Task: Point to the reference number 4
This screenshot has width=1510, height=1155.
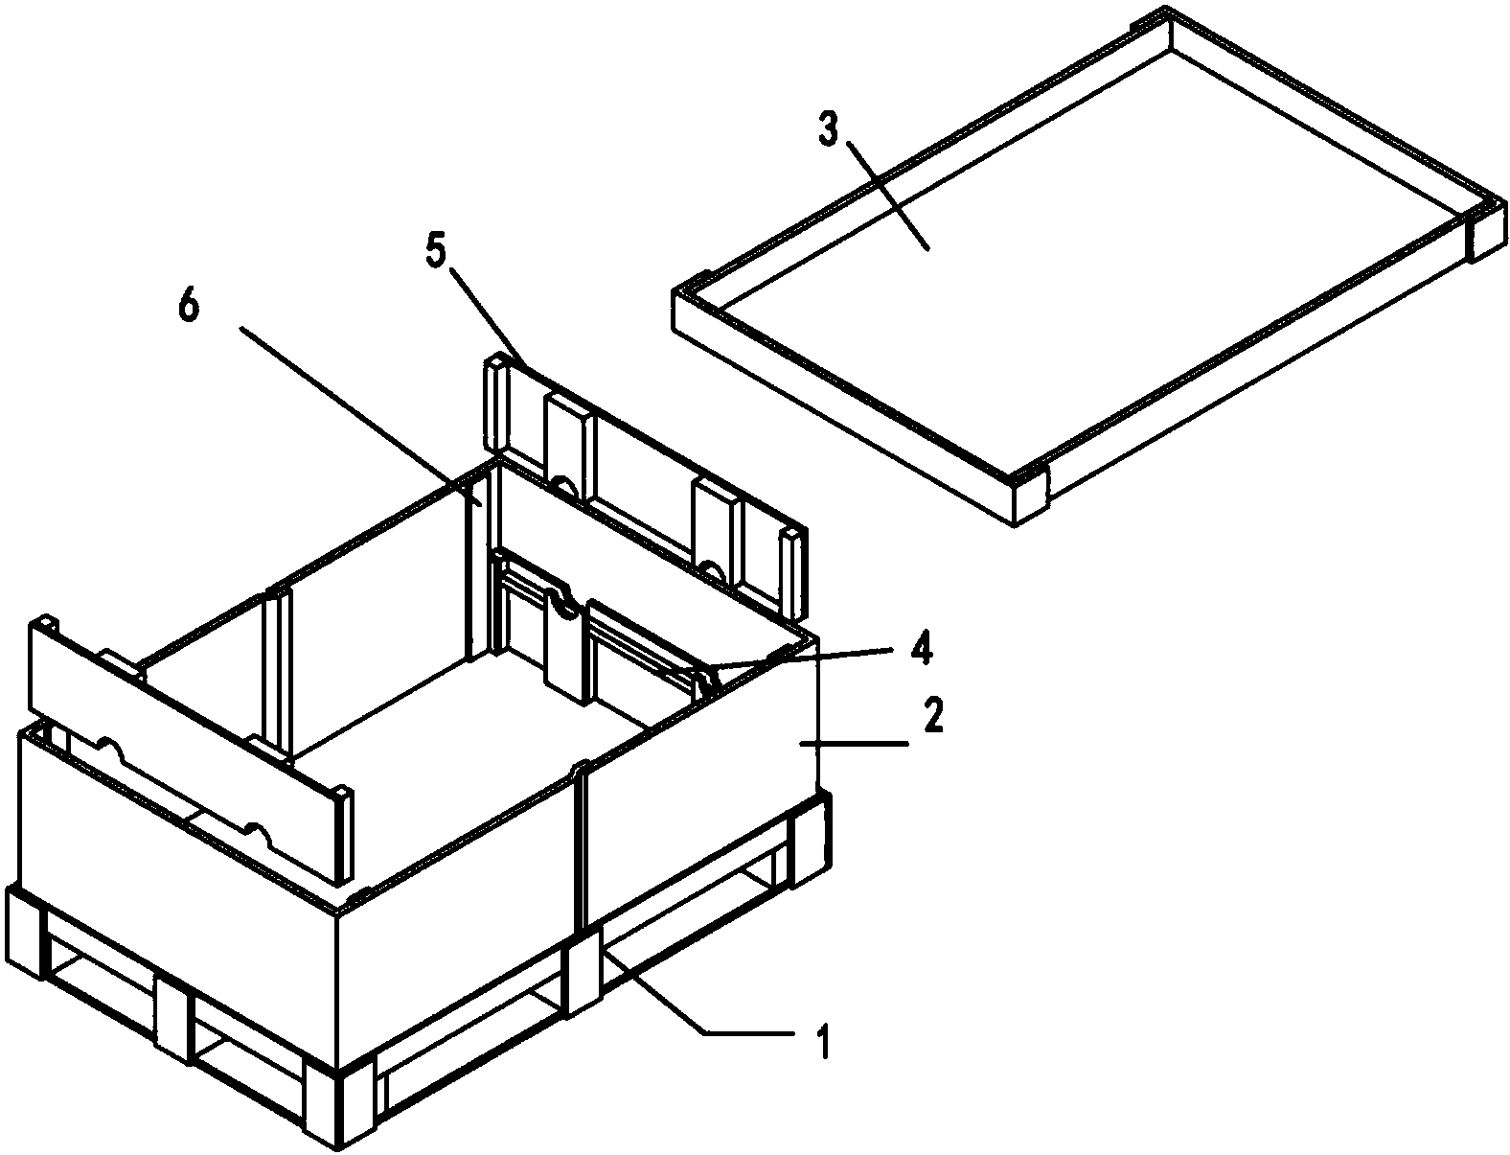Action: (921, 648)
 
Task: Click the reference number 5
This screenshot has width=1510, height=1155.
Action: (435, 252)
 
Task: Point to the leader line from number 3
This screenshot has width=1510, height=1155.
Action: (888, 196)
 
